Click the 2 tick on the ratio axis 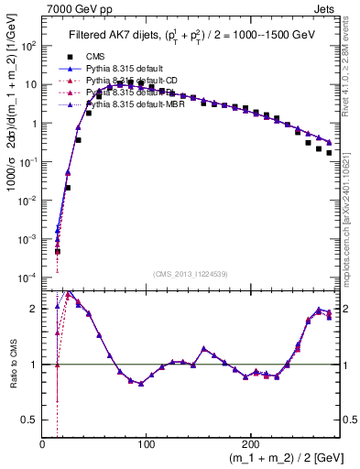coord(34,309)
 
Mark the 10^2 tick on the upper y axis coord(27,45)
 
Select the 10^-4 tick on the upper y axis coord(27,278)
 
